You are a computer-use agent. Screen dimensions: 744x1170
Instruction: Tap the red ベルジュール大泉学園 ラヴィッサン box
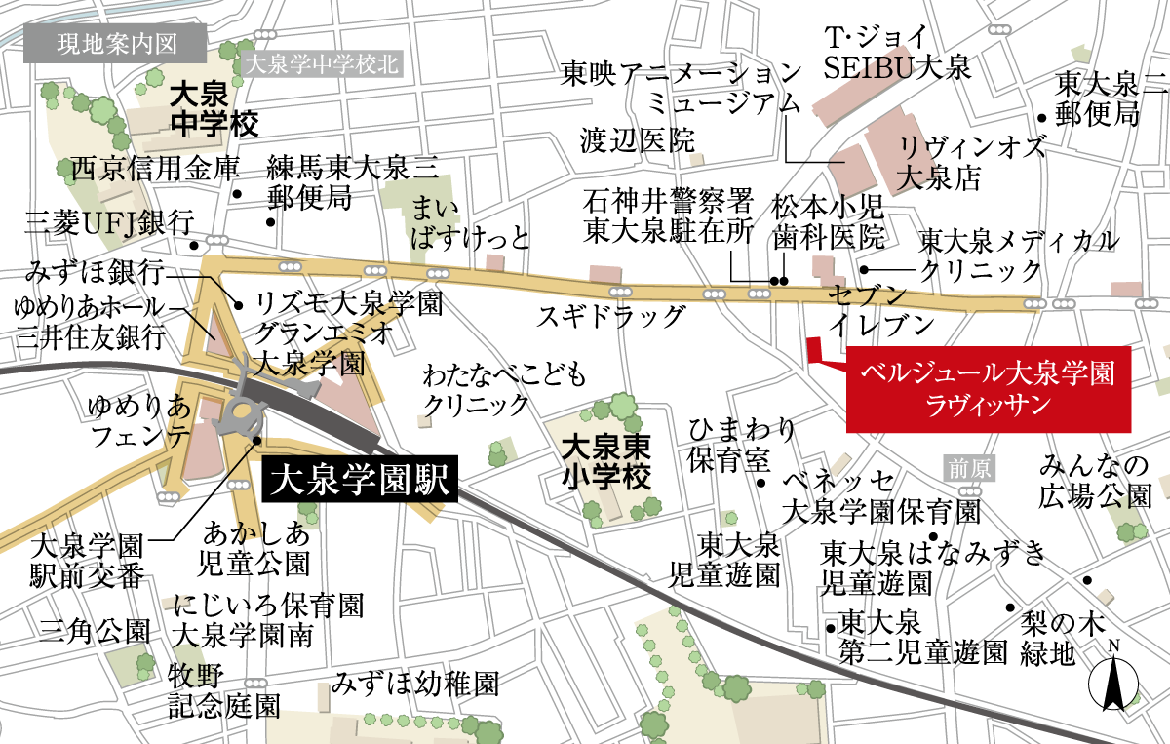(x=989, y=388)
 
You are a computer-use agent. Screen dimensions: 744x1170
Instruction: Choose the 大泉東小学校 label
(x=605, y=463)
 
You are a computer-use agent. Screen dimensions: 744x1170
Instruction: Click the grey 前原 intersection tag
(x=971, y=469)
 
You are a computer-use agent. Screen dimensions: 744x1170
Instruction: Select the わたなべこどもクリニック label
(x=476, y=388)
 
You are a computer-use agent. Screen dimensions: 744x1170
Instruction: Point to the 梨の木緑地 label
(x=1049, y=638)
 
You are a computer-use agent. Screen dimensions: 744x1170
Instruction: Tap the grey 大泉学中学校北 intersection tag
(x=321, y=65)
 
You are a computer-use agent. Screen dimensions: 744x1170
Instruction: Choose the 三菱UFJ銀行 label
(x=109, y=223)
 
